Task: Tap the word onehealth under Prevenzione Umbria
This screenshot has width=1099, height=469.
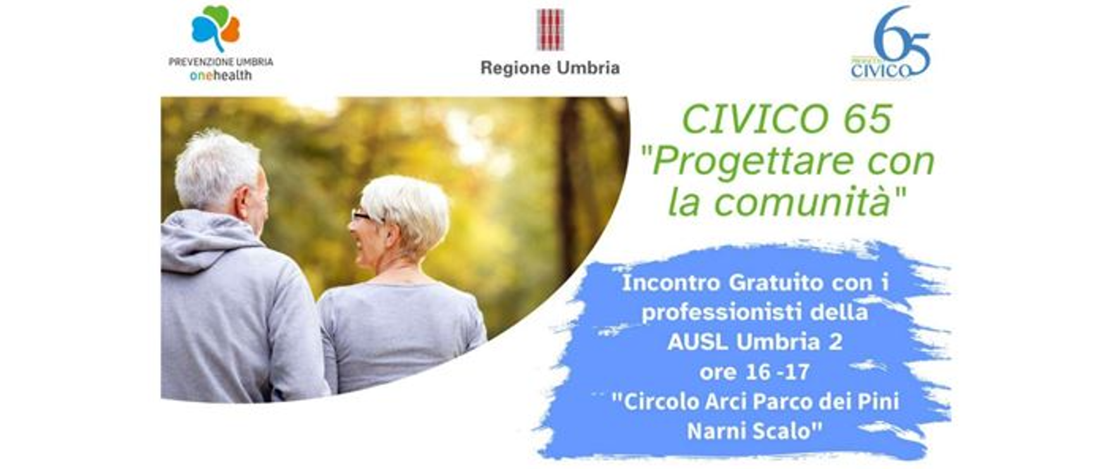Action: coord(221,75)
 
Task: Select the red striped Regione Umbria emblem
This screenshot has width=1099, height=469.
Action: coord(550,30)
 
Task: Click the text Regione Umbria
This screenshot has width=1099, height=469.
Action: coord(550,68)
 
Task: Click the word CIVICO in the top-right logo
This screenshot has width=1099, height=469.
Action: coord(880,71)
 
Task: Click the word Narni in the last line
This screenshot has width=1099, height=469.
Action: coord(712,431)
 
